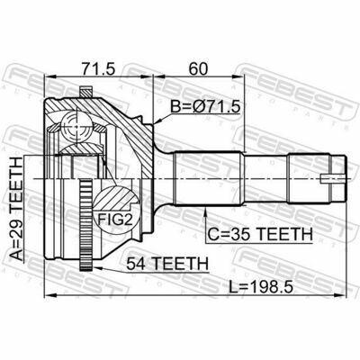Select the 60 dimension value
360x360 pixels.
coord(198,69)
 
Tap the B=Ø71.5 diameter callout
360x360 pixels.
coord(205,107)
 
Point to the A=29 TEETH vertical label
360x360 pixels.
coord(16,209)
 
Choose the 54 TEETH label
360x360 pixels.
coord(167,264)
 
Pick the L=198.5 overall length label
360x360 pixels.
coord(260,288)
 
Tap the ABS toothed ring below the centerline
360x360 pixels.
coord(85,225)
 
